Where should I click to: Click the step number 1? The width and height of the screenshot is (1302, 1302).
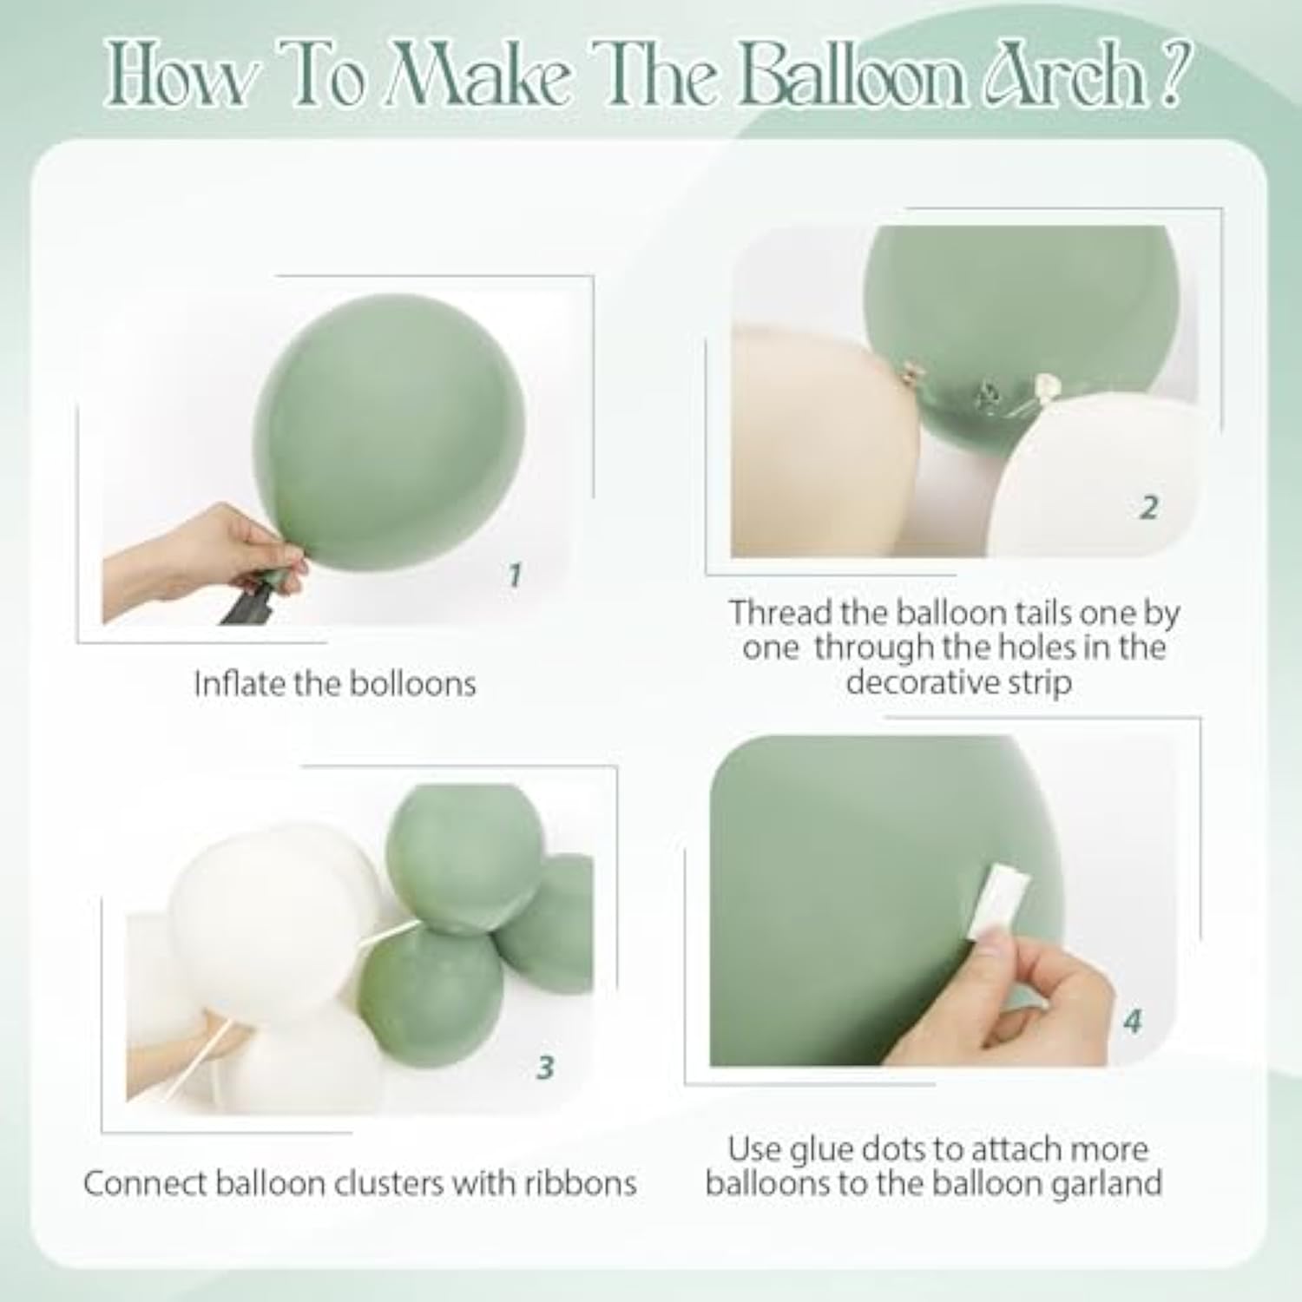tap(515, 575)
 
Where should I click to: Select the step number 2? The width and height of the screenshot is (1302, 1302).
tap(1148, 507)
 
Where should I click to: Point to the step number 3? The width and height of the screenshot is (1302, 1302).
tap(545, 1067)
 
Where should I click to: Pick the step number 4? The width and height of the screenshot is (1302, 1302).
tap(1132, 1022)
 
